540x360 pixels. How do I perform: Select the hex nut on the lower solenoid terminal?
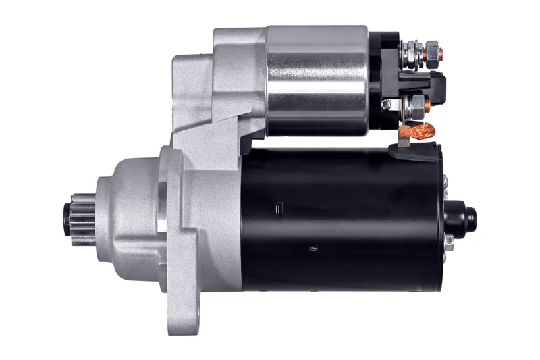416,103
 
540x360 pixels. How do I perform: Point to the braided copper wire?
419,130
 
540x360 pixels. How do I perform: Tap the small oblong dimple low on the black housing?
313,249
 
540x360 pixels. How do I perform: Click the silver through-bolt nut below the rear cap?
448,240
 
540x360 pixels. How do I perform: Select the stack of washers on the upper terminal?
405,51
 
